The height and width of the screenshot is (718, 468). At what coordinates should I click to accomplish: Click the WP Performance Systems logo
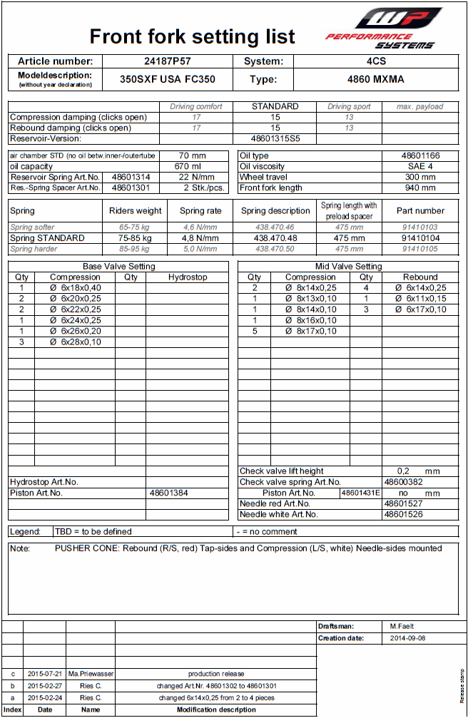(x=383, y=29)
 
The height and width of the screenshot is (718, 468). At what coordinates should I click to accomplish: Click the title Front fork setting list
(x=192, y=36)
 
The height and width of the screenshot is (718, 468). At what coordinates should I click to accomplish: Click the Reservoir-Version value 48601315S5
(x=275, y=138)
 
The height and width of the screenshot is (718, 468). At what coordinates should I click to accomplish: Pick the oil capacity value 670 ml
(x=192, y=166)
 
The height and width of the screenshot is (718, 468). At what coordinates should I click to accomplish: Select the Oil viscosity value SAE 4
(x=420, y=166)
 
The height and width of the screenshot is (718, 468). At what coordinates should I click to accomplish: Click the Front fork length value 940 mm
(x=420, y=188)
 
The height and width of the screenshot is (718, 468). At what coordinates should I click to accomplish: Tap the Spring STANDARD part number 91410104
(x=420, y=238)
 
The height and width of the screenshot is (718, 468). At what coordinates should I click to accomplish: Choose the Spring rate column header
(x=200, y=211)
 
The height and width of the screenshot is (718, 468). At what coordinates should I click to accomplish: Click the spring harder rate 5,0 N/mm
(x=200, y=249)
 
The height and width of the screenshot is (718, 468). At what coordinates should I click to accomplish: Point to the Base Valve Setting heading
(x=118, y=266)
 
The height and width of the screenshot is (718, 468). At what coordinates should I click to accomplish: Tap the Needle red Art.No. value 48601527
(x=403, y=503)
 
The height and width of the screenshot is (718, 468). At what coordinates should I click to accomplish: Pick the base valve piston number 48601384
(x=169, y=493)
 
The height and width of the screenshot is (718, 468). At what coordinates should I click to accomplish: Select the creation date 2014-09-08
(x=407, y=638)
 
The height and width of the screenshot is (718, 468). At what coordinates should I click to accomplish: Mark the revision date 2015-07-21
(x=45, y=673)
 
